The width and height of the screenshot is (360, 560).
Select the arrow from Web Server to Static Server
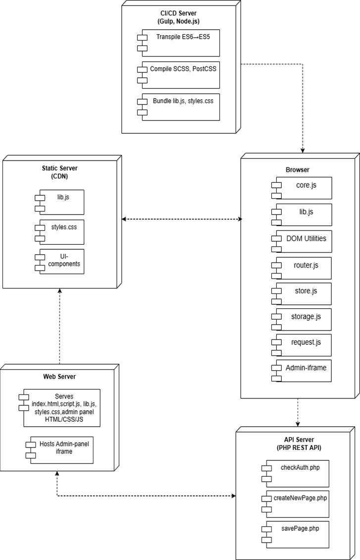[59, 327]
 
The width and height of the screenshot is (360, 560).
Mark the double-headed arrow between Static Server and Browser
[181, 219]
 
